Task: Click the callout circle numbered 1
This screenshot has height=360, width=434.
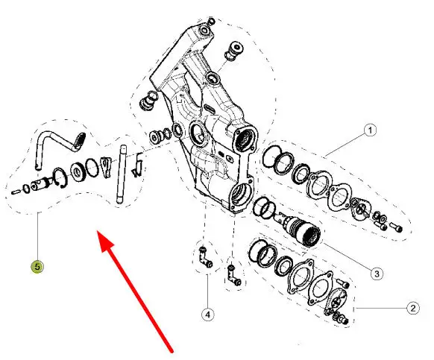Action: [x=370, y=130]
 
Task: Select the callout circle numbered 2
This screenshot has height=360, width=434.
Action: [x=413, y=308]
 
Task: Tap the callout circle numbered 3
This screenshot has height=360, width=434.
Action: [x=377, y=274]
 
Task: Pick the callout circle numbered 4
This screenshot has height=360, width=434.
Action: [x=207, y=315]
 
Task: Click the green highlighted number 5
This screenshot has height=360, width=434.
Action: [x=37, y=267]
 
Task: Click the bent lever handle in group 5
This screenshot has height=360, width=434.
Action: [x=59, y=148]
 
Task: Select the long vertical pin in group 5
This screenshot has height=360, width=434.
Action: [x=122, y=175]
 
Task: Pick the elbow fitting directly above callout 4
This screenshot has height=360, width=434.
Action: [x=205, y=258]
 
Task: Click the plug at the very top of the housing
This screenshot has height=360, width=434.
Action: [x=211, y=21]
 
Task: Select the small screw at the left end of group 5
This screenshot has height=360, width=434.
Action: [x=16, y=192]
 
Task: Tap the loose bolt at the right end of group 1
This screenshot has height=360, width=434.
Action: [x=396, y=227]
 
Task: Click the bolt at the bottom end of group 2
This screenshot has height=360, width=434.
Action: [x=345, y=320]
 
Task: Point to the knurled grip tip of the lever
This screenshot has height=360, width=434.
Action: [x=80, y=140]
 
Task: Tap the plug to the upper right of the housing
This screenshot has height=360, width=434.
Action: [x=235, y=51]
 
